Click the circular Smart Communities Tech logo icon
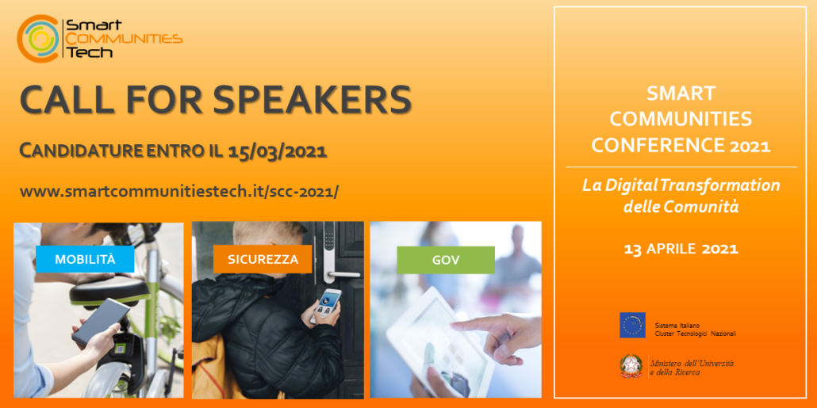pyautogui.click(x=38, y=38)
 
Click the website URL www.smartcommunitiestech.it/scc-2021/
pyautogui.click(x=178, y=192)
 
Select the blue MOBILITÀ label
pyautogui.click(x=85, y=259)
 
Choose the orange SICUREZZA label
pyautogui.click(x=263, y=259)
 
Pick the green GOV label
pyautogui.click(x=445, y=259)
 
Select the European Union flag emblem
pyautogui.click(x=632, y=325)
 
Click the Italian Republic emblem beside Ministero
pyautogui.click(x=631, y=366)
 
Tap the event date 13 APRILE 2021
pyautogui.click(x=681, y=249)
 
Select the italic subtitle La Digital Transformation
pyautogui.click(x=681, y=185)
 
